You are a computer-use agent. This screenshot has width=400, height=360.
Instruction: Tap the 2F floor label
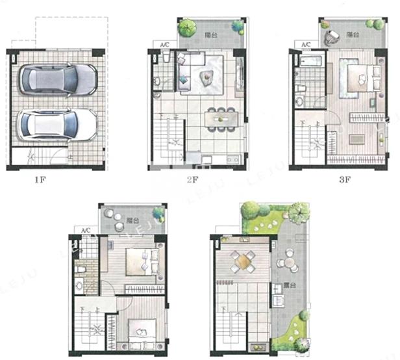click(192, 180)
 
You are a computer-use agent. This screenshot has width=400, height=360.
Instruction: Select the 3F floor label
click(344, 180)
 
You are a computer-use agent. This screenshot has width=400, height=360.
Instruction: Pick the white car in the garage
click(57, 125)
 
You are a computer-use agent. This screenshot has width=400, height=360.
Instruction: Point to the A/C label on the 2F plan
click(166, 45)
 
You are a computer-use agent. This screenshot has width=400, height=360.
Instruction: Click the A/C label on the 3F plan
click(306, 44)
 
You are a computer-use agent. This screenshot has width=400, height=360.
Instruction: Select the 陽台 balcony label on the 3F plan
click(353, 34)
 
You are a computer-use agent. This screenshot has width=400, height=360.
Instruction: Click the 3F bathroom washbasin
click(299, 101)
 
